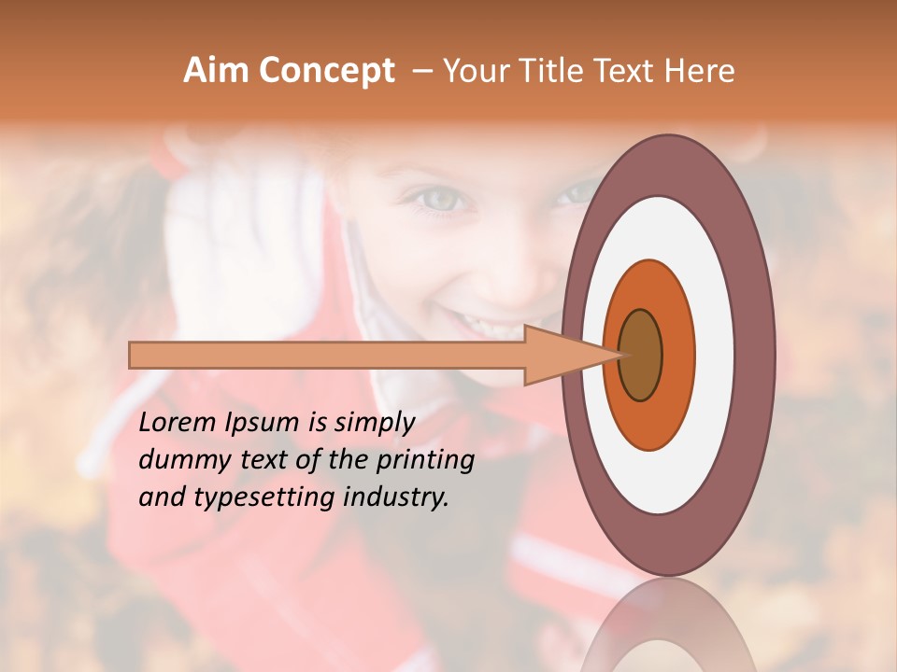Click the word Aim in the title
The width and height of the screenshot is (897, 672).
[x=217, y=71]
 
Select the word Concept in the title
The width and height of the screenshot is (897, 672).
[x=326, y=71]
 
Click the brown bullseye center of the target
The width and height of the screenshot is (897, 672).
[x=640, y=356]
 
